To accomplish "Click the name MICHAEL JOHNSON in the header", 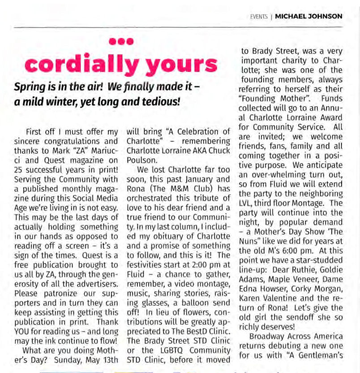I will (309, 17).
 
